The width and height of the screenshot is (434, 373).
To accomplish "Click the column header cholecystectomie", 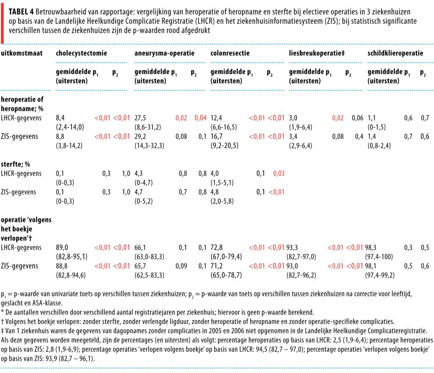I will [81, 53].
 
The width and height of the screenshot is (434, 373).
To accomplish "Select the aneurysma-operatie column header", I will [164, 53].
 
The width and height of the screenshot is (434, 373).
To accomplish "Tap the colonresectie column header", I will [230, 53].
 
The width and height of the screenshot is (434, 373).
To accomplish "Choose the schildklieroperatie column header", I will [395, 53].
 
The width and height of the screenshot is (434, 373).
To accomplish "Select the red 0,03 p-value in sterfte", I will [278, 174].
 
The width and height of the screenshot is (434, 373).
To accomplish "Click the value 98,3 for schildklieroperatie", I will [373, 247].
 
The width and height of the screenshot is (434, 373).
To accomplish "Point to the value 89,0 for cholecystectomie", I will [62, 247].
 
